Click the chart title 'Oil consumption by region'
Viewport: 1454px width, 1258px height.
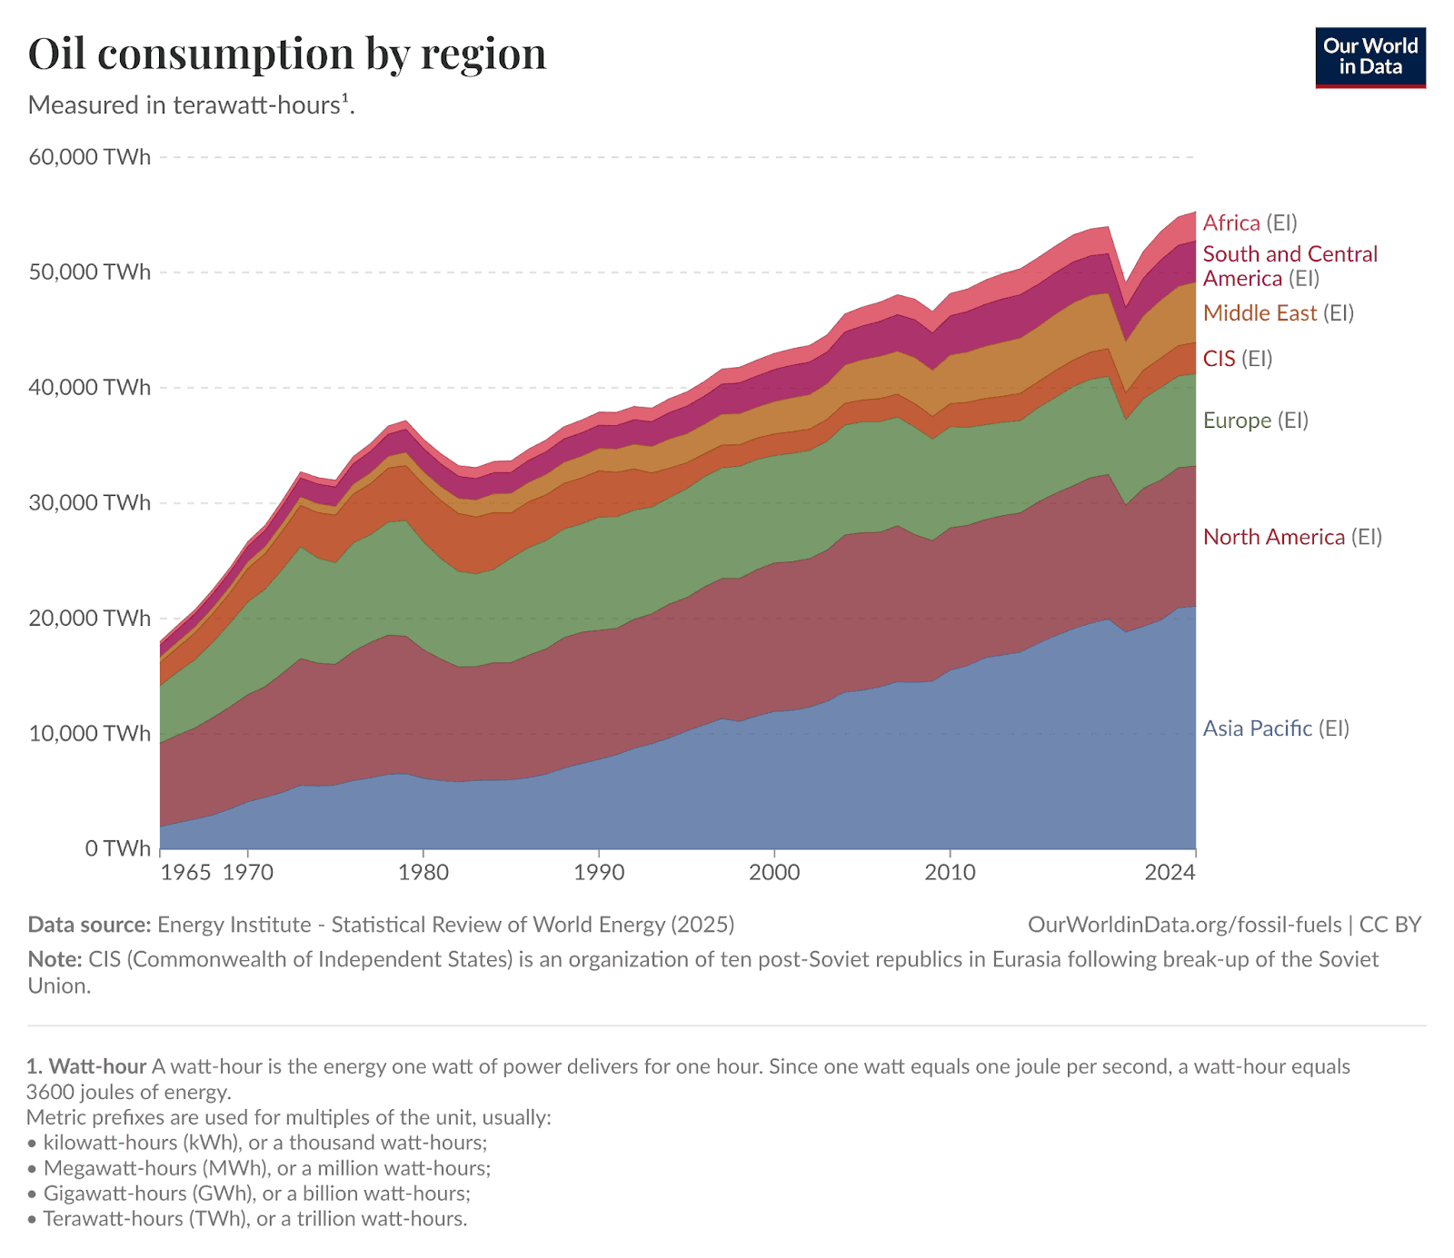(x=287, y=54)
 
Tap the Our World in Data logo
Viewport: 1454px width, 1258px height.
(x=1369, y=57)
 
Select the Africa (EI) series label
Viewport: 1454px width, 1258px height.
(x=1250, y=223)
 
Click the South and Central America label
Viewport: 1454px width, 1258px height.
(x=1290, y=266)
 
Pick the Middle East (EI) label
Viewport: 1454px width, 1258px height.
(x=1278, y=313)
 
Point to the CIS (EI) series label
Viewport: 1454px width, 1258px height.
(x=1237, y=359)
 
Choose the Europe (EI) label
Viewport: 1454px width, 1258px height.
(x=1255, y=421)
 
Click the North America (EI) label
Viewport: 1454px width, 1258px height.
(x=1291, y=537)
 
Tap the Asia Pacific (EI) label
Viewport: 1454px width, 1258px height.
(x=1275, y=728)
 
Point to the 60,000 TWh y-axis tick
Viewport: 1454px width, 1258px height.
(x=90, y=157)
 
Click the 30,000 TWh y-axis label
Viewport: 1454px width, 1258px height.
(x=90, y=503)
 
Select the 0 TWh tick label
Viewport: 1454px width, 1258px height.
(x=117, y=848)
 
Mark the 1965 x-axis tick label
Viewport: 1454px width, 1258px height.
(x=185, y=873)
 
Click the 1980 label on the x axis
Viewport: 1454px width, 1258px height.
(x=423, y=873)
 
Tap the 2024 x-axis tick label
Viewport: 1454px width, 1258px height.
(x=1170, y=873)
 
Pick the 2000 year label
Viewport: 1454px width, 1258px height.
(x=774, y=873)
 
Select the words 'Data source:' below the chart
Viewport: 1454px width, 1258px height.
(x=89, y=925)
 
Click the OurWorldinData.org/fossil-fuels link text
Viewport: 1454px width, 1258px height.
(x=1184, y=925)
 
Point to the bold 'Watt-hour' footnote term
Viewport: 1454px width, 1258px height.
(x=97, y=1066)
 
